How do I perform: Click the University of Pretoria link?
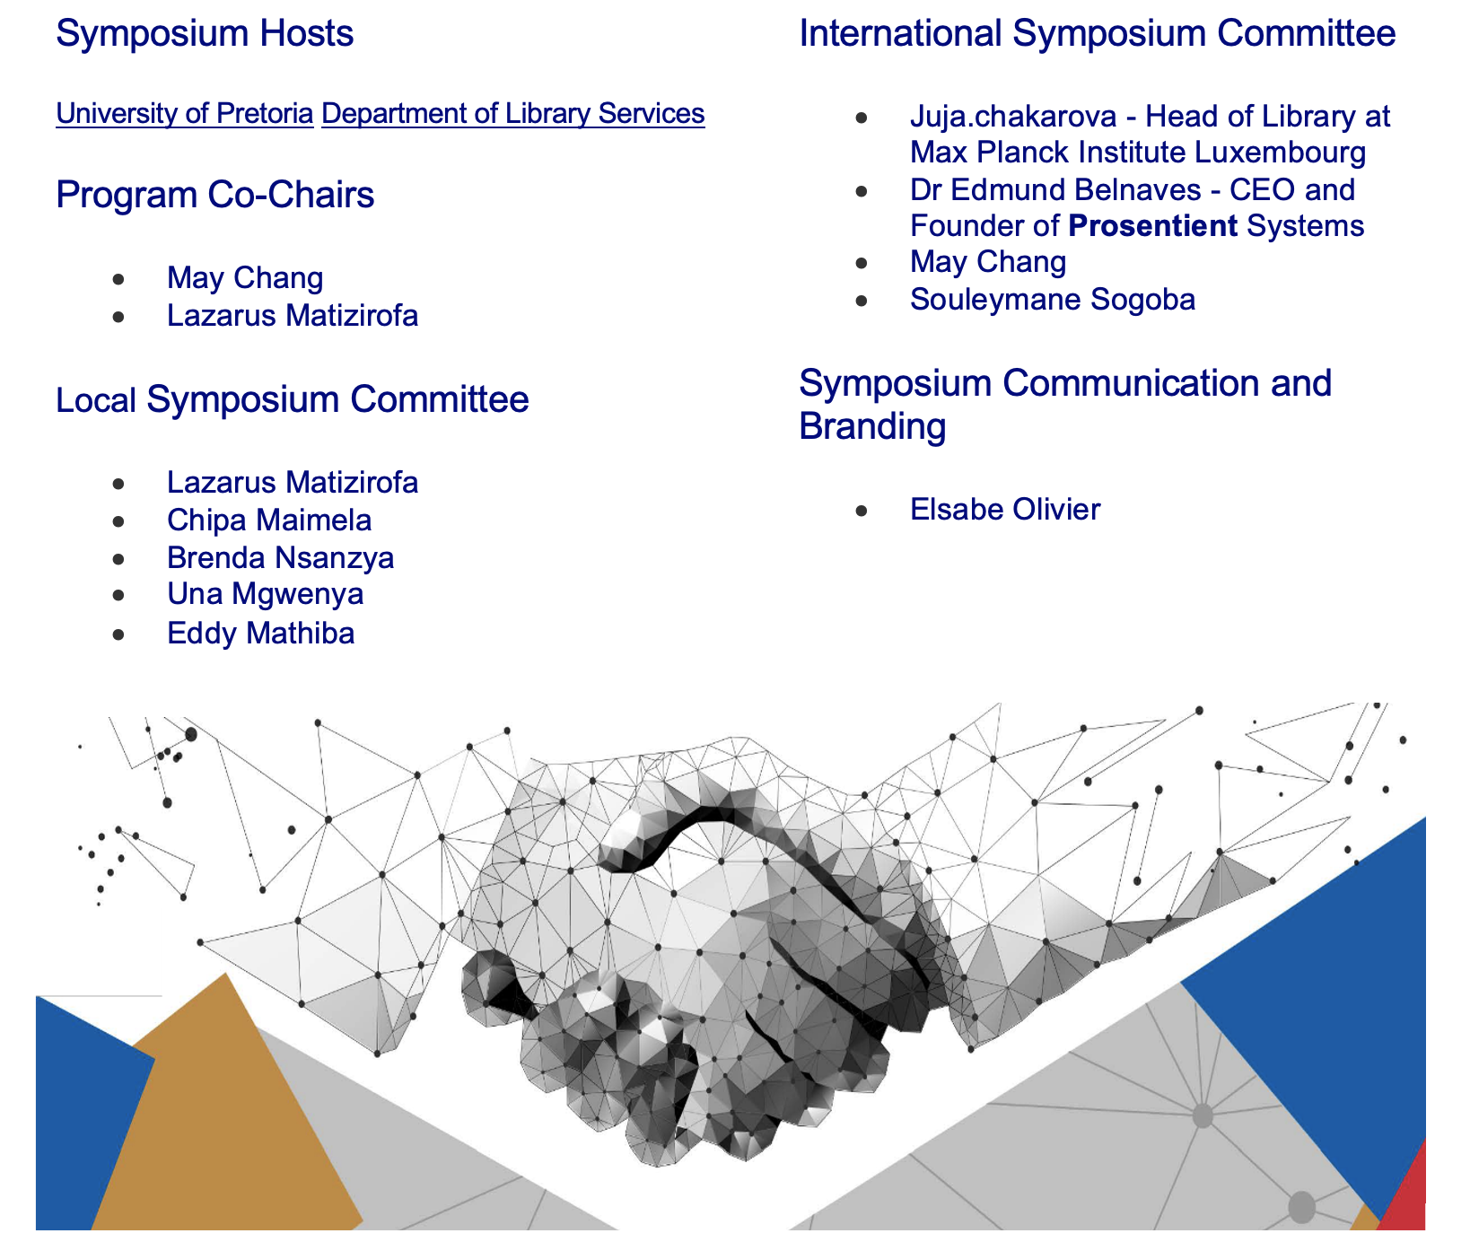pyautogui.click(x=185, y=114)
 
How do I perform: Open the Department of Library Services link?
pyautogui.click(x=513, y=114)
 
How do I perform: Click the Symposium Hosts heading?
pyautogui.click(x=205, y=35)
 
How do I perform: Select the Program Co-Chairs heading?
pyautogui.click(x=215, y=195)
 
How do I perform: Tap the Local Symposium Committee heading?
pyautogui.click(x=293, y=400)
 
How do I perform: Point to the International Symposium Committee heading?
pyautogui.click(x=1098, y=35)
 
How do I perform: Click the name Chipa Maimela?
pyautogui.click(x=269, y=520)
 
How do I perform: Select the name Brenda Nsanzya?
pyautogui.click(x=281, y=558)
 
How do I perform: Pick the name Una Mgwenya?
pyautogui.click(x=266, y=595)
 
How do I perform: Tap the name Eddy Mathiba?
pyautogui.click(x=261, y=634)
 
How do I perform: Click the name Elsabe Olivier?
pyautogui.click(x=1005, y=510)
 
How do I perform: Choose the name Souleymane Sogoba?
pyautogui.click(x=1053, y=299)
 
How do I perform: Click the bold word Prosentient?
pyautogui.click(x=1153, y=226)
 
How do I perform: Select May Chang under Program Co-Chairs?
pyautogui.click(x=245, y=278)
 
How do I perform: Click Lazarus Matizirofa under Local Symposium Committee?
pyautogui.click(x=293, y=483)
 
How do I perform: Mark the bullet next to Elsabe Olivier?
pyautogui.click(x=862, y=511)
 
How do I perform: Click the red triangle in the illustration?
pyautogui.click(x=1405, y=1193)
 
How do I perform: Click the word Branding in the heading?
pyautogui.click(x=872, y=426)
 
